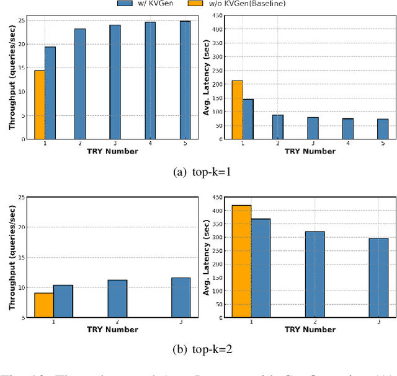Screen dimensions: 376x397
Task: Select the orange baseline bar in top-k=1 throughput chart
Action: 39,105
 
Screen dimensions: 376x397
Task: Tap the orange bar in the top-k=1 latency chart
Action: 237,110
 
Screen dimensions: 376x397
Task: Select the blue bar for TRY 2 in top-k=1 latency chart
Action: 278,127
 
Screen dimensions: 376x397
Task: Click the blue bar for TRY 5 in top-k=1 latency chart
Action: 383,129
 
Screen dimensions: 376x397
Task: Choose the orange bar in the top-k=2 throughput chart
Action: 43,305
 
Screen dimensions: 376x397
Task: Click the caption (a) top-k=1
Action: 198,172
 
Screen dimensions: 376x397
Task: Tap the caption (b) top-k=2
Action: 198,349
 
